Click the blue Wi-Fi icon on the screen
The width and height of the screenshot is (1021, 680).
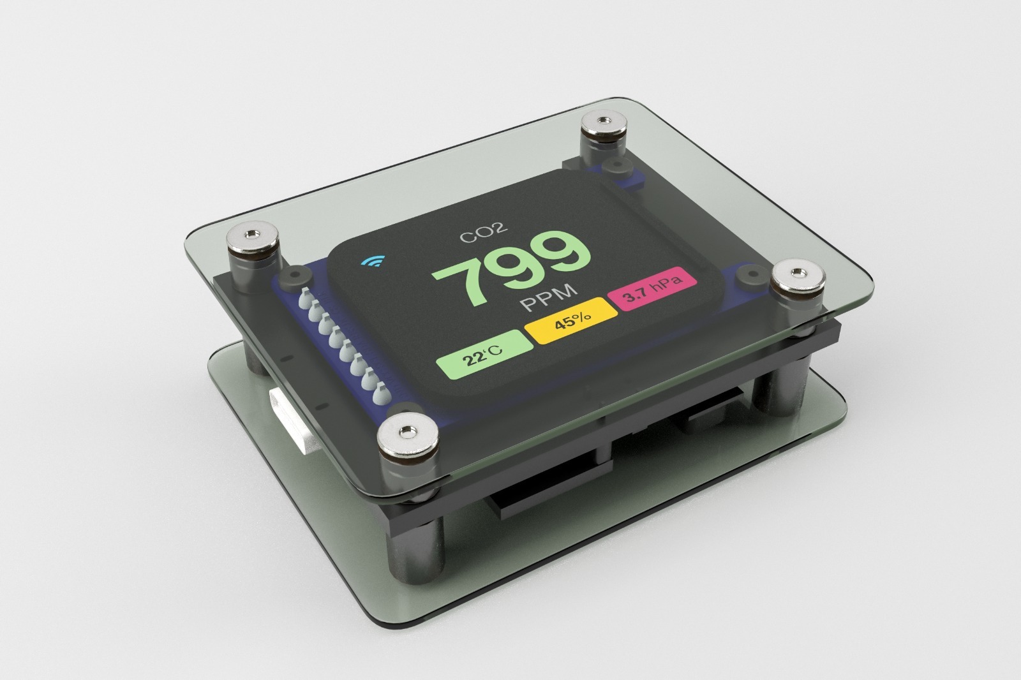[373, 261]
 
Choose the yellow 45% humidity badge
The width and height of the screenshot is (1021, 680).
[572, 320]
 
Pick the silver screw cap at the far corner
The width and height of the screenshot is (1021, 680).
[604, 124]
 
